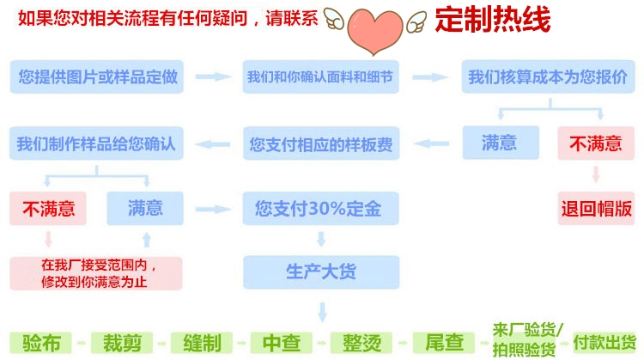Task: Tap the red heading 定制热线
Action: tap(492, 20)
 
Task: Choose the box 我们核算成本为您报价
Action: tap(547, 77)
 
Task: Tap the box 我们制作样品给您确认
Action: tap(96, 143)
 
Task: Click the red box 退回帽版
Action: tap(596, 209)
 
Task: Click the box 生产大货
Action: tap(320, 272)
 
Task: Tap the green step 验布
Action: tap(41, 342)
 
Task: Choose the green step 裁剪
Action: tap(121, 342)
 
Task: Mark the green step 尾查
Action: tap(443, 342)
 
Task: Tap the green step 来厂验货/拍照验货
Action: tap(528, 340)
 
